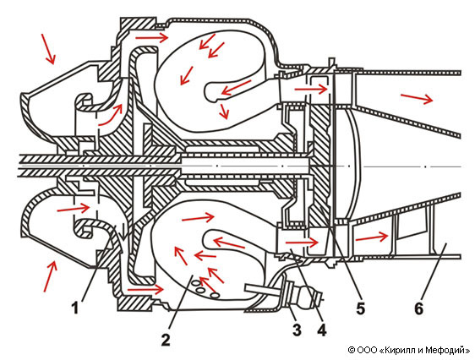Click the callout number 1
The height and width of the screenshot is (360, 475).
(x=74, y=308)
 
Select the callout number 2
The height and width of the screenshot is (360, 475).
(x=166, y=340)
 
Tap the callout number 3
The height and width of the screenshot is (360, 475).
(x=297, y=330)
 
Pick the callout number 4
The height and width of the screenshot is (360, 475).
(x=322, y=330)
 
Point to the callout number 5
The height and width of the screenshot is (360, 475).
(x=361, y=308)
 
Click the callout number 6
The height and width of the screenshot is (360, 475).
(x=418, y=308)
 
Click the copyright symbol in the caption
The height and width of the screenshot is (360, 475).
(x=352, y=351)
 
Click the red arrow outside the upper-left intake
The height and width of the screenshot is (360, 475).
(x=48, y=49)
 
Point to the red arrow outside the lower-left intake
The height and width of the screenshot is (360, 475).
(x=50, y=276)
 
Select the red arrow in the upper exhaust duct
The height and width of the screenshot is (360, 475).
(x=417, y=98)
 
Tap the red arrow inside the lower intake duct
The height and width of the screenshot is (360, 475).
(x=74, y=208)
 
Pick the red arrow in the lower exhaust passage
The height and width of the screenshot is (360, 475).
(x=372, y=237)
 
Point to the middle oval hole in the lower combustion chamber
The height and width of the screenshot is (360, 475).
(x=201, y=289)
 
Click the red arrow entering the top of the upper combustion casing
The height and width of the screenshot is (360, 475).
(x=151, y=38)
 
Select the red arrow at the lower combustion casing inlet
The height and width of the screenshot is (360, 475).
(x=146, y=290)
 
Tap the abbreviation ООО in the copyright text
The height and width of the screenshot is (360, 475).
(x=367, y=351)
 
